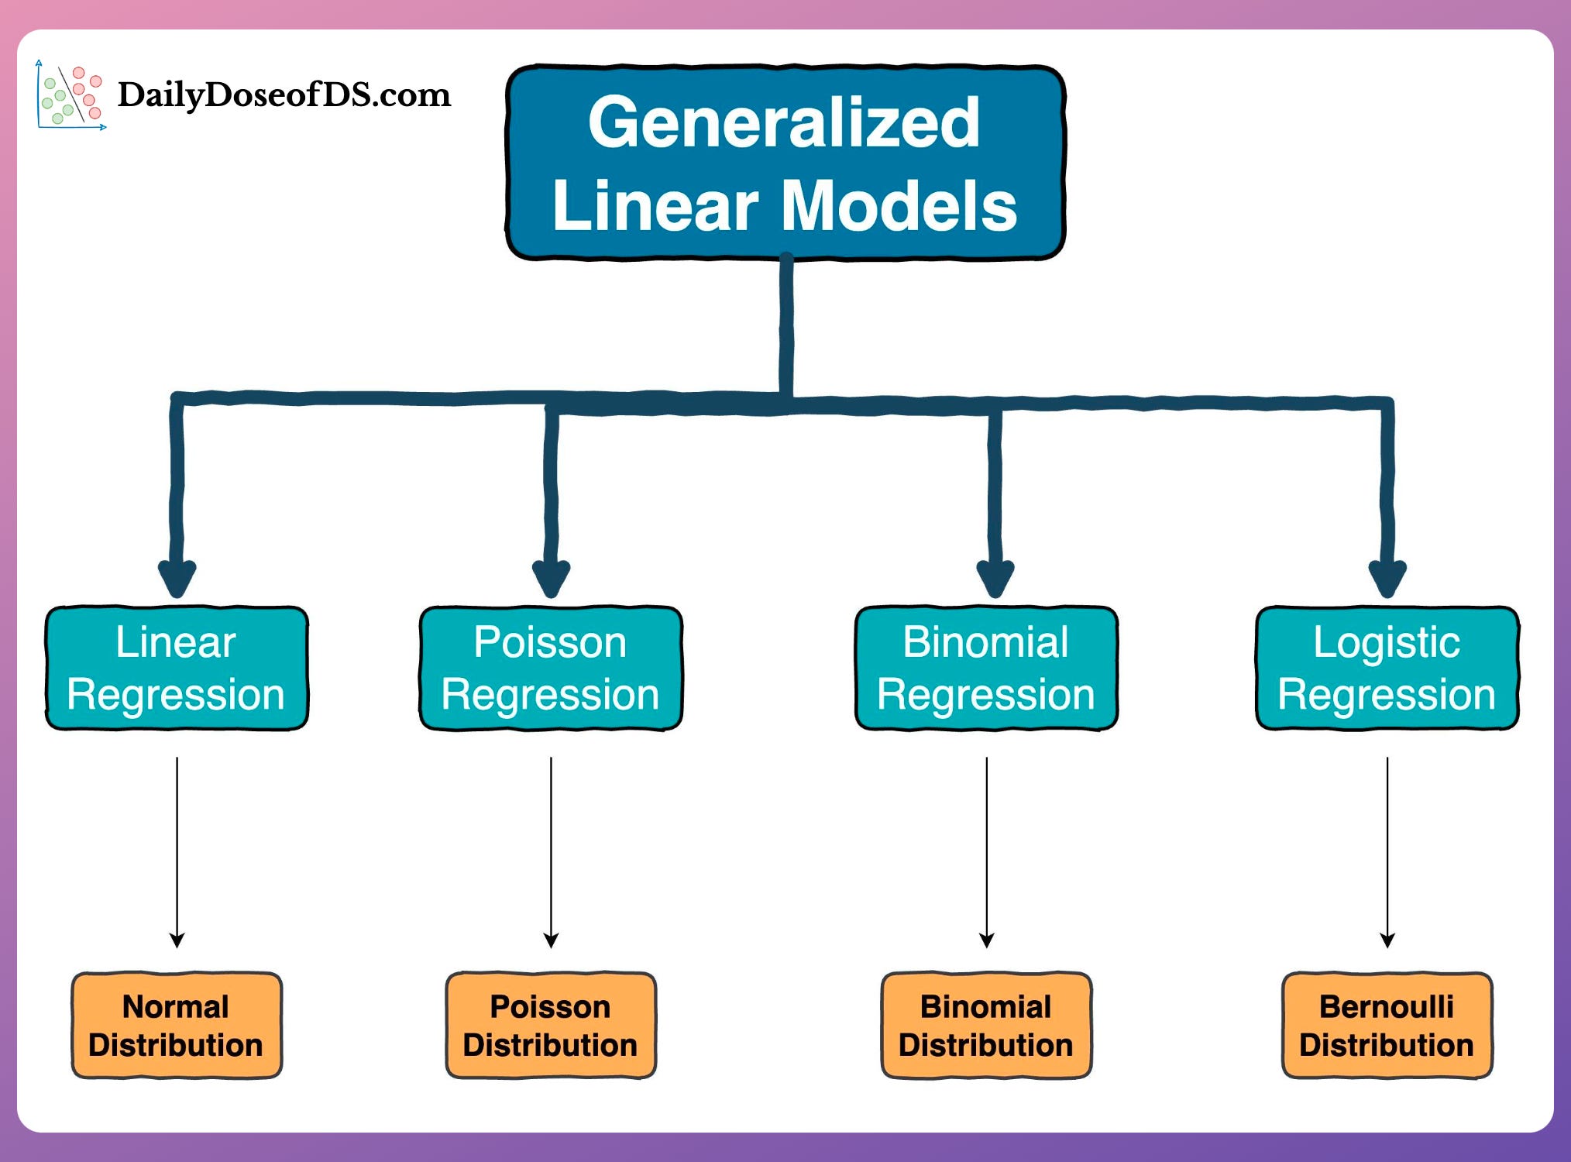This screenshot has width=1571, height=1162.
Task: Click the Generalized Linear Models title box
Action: [x=785, y=163]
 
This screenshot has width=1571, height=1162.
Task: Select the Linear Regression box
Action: [x=177, y=668]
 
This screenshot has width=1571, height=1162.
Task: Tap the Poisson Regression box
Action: [x=551, y=668]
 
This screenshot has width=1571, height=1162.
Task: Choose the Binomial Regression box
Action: [x=986, y=668]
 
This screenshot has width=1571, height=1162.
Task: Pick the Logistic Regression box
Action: [x=1387, y=668]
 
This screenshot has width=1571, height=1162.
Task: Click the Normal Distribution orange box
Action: [x=177, y=1025]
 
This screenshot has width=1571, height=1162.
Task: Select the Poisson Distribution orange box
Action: [x=551, y=1025]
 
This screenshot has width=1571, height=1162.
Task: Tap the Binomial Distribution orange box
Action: [x=986, y=1025]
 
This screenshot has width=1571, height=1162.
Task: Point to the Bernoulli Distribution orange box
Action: [x=1387, y=1025]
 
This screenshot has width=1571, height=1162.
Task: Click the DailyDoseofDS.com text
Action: [x=284, y=95]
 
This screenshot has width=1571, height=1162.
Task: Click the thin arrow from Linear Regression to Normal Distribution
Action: [x=177, y=852]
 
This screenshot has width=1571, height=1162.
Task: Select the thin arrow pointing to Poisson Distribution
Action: [x=551, y=852]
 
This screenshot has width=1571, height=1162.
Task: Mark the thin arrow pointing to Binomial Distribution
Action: [x=986, y=852]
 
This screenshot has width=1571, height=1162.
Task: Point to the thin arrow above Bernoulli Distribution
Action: [x=1387, y=852]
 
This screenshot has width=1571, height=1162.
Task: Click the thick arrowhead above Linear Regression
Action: [x=177, y=577]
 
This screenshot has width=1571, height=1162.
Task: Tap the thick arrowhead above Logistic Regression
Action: [x=1387, y=577]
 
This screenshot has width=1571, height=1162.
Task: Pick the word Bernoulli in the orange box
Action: [x=1387, y=1006]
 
